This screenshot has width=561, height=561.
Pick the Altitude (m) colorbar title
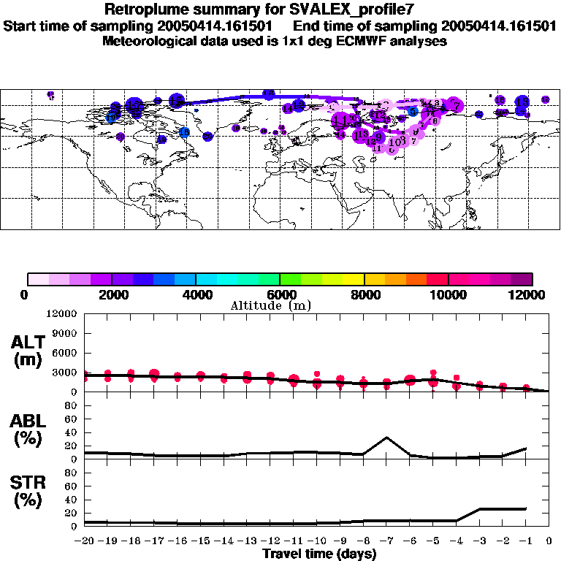pos(270,305)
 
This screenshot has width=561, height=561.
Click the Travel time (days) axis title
pos(319,554)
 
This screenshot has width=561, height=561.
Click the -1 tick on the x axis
pos(526,541)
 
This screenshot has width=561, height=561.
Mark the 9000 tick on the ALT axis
pos(66,333)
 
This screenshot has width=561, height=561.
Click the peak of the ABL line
pos(386,438)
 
